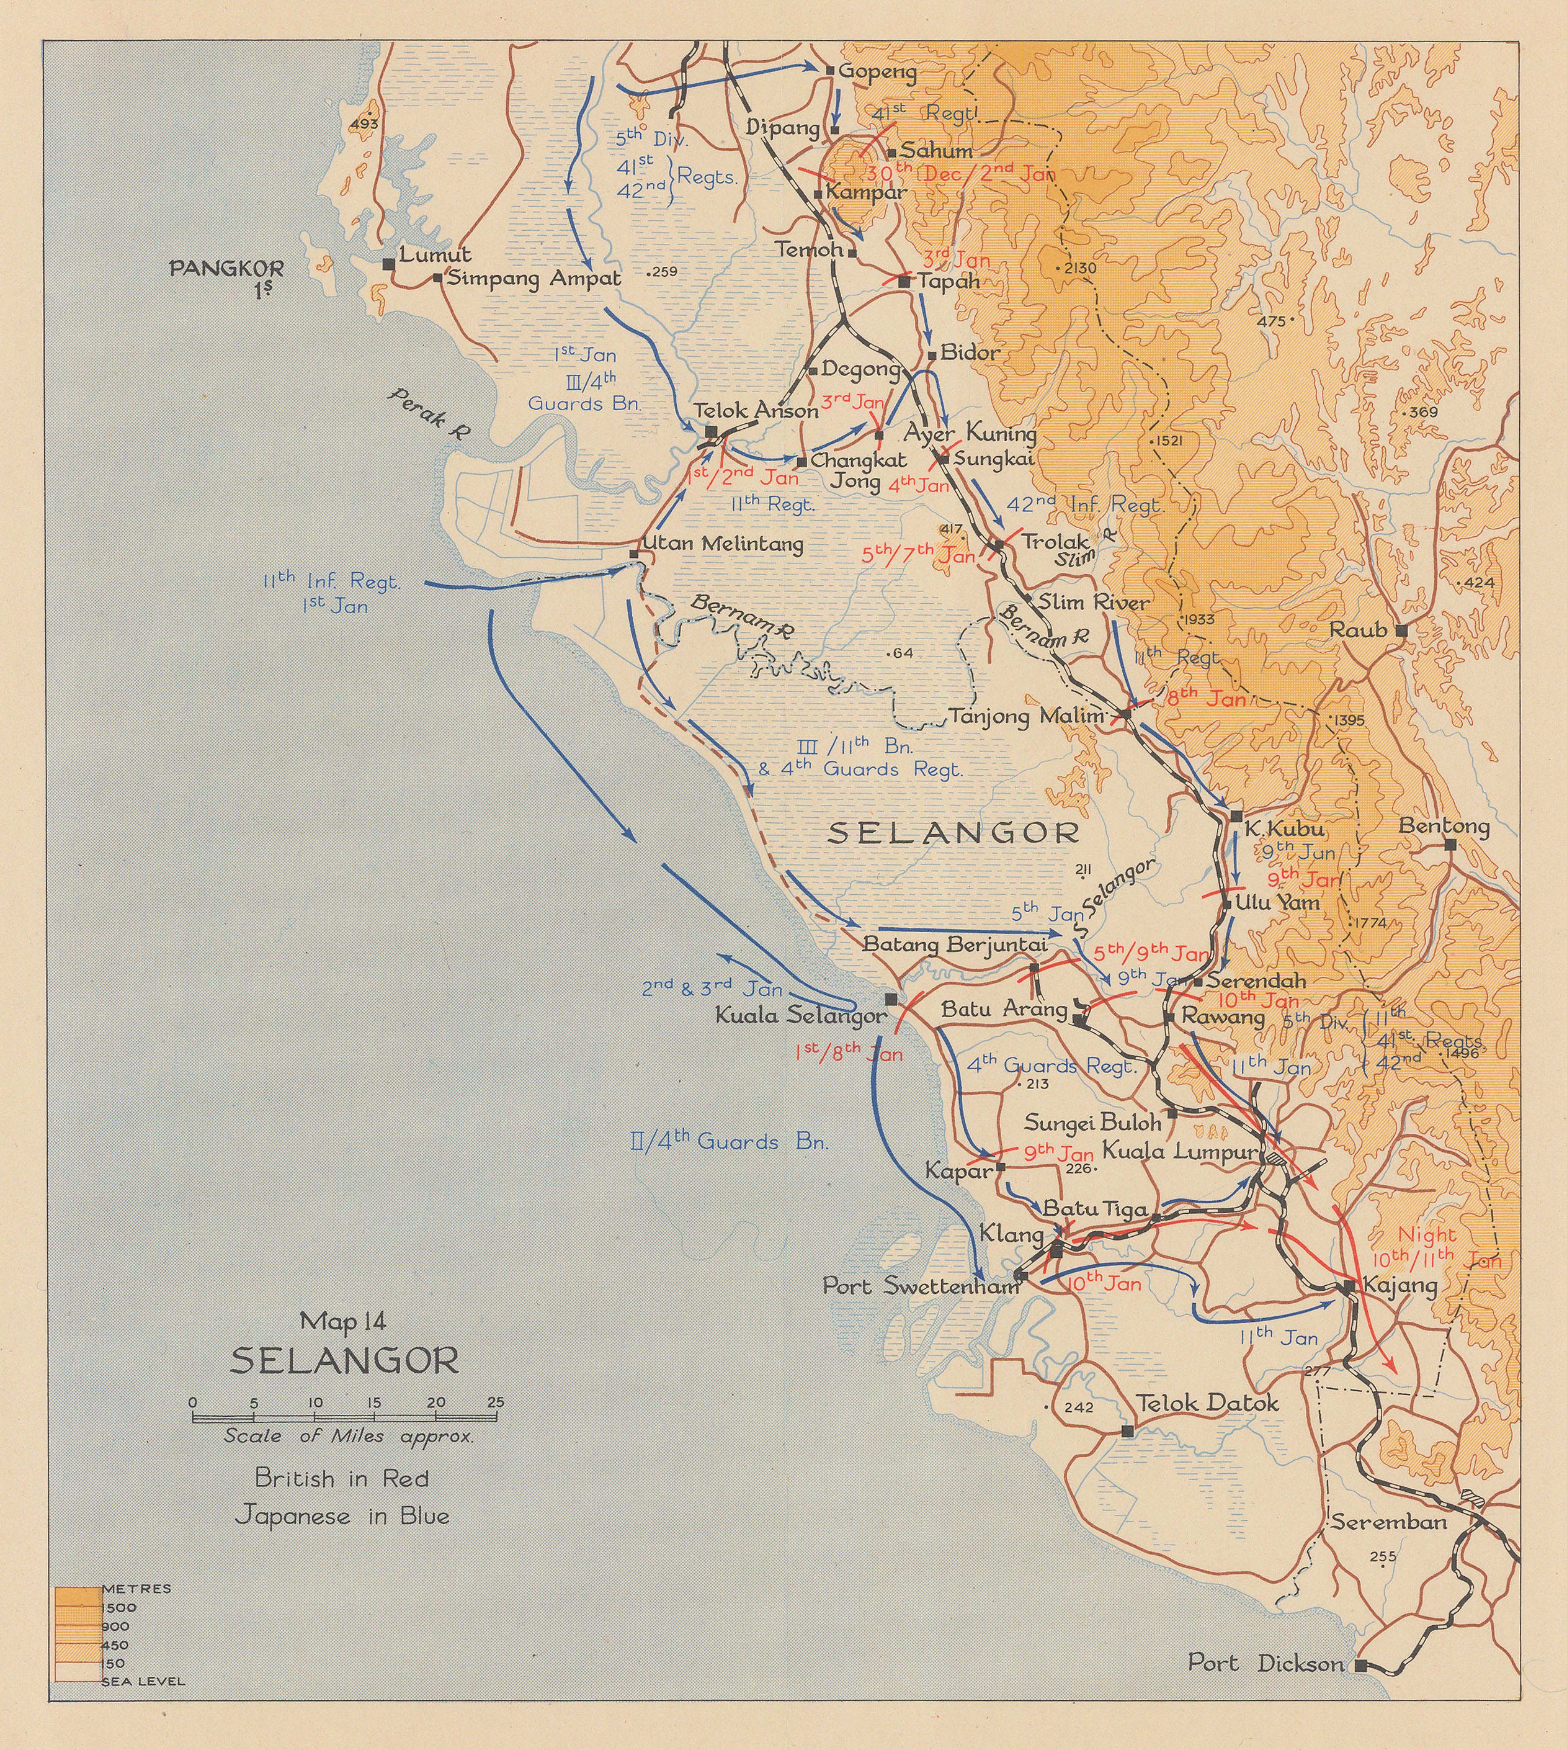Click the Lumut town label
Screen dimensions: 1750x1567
click(x=435, y=255)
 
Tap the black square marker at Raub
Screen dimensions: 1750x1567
click(x=1401, y=630)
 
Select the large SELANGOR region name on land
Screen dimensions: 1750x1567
click(x=953, y=832)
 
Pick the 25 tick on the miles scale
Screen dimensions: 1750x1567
click(x=495, y=1402)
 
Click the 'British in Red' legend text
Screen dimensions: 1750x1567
click(x=342, y=1478)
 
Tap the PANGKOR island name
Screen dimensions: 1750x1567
click(x=226, y=268)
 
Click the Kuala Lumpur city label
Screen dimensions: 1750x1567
click(x=1179, y=1151)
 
